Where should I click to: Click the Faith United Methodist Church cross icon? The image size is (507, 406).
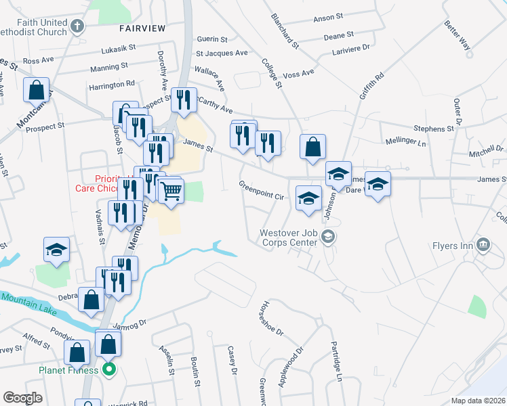coord(77,27)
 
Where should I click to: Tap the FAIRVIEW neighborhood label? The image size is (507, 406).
coord(142,28)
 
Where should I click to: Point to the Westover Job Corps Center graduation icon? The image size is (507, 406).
coord(328,236)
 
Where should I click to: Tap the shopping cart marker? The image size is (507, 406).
coord(171,191)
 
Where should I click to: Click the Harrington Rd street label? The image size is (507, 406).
coord(111,85)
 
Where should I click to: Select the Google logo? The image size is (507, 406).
coord(23,398)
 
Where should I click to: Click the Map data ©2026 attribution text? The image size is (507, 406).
coord(478,401)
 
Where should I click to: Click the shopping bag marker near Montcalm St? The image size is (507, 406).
coord(36,89)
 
